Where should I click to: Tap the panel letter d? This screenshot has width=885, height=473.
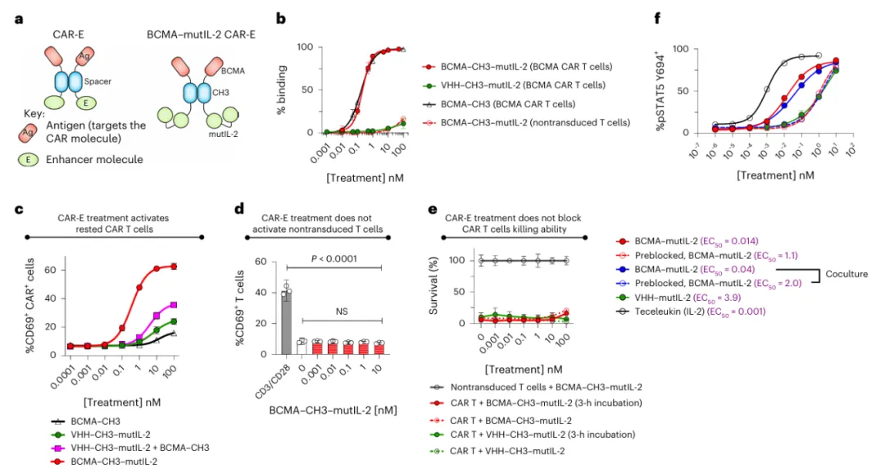pyautogui.click(x=238, y=211)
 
